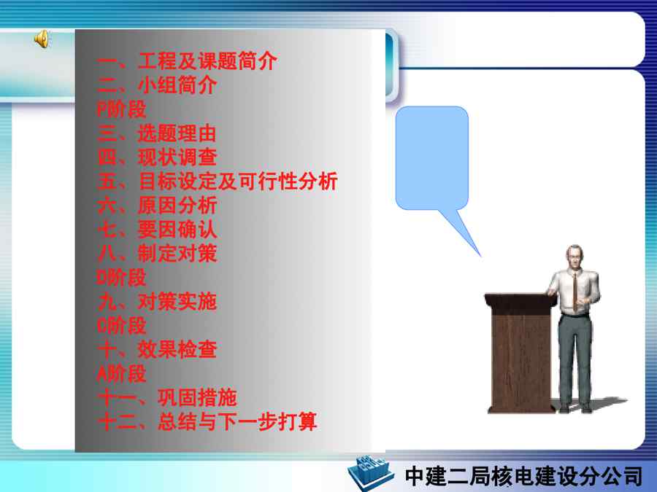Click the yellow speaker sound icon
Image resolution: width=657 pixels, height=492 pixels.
coord(42,39)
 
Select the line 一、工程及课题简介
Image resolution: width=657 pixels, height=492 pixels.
coord(187,61)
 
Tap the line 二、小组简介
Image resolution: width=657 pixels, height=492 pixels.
coord(157,85)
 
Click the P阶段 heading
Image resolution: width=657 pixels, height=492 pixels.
coord(121,109)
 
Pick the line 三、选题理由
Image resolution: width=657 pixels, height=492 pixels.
coord(157,133)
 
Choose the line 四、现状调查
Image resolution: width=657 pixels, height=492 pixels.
coord(157,157)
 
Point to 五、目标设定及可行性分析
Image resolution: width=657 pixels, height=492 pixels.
coord(217,181)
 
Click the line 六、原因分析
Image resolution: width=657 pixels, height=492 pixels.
coord(157,206)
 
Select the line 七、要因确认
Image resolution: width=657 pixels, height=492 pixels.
coord(157,230)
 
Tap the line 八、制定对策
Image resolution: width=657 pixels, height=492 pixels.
coord(157,254)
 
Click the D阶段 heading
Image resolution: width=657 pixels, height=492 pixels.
coord(121,278)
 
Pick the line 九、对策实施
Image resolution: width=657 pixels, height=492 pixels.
coord(157,302)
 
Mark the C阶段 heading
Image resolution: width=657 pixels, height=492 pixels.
coord(121,326)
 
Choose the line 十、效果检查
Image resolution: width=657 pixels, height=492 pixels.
coord(157,350)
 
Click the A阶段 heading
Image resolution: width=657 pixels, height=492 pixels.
coord(121,374)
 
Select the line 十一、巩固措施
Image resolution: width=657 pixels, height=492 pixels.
coord(166,397)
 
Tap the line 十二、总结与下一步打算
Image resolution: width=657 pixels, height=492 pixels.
coord(207,422)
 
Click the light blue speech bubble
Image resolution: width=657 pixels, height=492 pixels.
coord(431,158)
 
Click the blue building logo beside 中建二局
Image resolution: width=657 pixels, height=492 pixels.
coord(371,473)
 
